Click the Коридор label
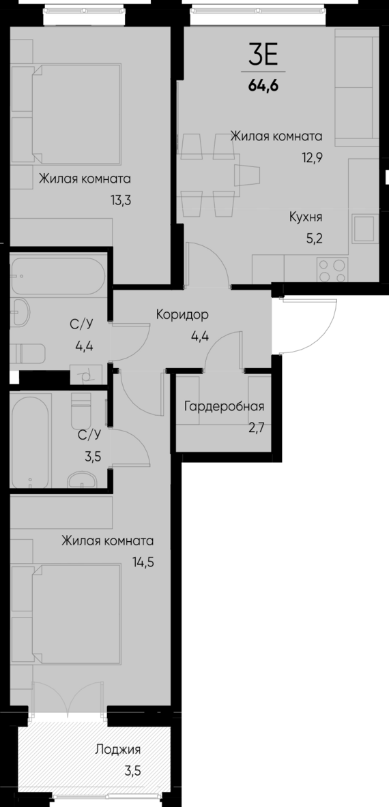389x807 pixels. click(x=182, y=315)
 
